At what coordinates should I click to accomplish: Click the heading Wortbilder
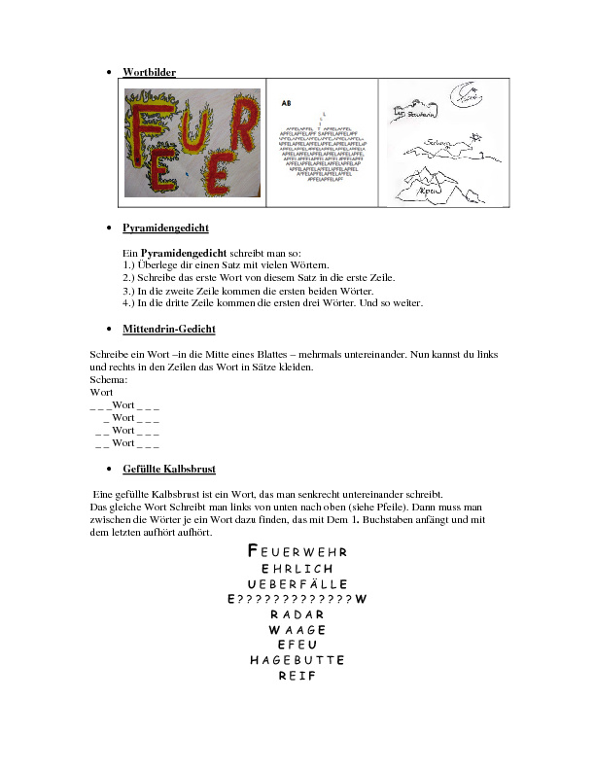pyautogui.click(x=149, y=71)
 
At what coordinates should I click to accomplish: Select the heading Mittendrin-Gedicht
pyautogui.click(x=169, y=329)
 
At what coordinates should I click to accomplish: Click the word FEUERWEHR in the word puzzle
pyautogui.click(x=297, y=551)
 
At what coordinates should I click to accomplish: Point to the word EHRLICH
pyautogui.click(x=297, y=568)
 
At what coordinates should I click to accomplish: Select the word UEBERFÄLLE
pyautogui.click(x=297, y=583)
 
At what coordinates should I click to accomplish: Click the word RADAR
pyautogui.click(x=297, y=614)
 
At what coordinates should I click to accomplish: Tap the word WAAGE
pyautogui.click(x=297, y=630)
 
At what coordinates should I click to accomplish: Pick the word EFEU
pyautogui.click(x=297, y=645)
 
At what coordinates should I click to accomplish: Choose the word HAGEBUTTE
pyautogui.click(x=297, y=660)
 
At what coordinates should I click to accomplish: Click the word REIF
pyautogui.click(x=297, y=676)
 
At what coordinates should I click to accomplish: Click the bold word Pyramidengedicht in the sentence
pyautogui.click(x=178, y=252)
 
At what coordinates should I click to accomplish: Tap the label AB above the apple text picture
pyautogui.click(x=286, y=102)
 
